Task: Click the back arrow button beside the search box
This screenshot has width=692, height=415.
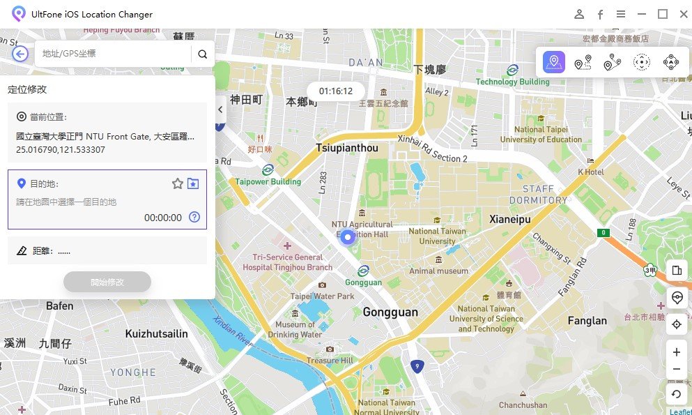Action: coord(20,54)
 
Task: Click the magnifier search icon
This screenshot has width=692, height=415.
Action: coord(202,54)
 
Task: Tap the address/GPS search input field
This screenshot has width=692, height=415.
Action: coord(112,54)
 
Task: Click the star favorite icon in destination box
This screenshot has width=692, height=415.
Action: coord(178,183)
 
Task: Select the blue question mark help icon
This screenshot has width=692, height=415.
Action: coord(194,217)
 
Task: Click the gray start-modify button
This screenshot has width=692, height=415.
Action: coord(107,282)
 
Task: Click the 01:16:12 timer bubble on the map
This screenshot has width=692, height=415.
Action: coord(336,91)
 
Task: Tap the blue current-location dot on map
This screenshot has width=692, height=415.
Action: coord(348,236)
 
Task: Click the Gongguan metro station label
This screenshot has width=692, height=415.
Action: coord(363,282)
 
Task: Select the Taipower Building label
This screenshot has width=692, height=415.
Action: coord(268,181)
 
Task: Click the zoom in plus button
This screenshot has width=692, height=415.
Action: coord(676,352)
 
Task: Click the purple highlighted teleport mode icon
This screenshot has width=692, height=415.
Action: coord(554,62)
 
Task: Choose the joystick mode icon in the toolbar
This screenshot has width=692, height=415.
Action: coord(670,63)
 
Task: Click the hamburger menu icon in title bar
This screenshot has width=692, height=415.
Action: coord(620,14)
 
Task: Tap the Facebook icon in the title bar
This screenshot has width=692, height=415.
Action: coord(599,14)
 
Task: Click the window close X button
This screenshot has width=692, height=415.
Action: coord(681,14)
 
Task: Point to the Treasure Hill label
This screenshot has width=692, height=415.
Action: coord(330,360)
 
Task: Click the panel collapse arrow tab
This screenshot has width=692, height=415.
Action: coord(220,110)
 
